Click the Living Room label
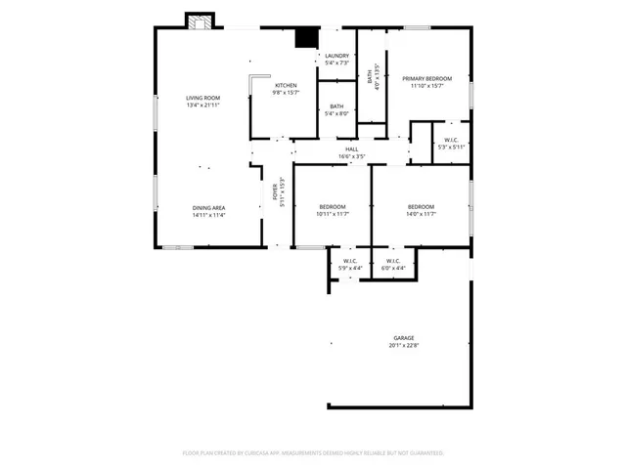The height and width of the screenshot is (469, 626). [203, 98]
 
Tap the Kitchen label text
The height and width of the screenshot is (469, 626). [285, 86]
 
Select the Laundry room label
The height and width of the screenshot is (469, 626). [336, 56]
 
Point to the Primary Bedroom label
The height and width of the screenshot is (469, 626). [426, 78]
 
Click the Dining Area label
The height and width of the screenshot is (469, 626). [209, 207]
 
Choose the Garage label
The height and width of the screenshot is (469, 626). [404, 338]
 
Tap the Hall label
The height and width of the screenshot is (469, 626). [351, 149]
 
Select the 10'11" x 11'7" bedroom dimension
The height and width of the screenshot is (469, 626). [333, 214]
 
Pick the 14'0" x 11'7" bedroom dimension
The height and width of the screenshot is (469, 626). [421, 214]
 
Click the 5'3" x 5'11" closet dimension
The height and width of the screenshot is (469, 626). [451, 148]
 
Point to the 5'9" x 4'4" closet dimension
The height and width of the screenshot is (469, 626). [350, 268]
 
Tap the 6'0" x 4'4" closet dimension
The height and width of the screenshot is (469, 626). [393, 268]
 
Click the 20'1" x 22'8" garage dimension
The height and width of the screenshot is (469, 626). [404, 345]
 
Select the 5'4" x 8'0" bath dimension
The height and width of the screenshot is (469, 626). [336, 113]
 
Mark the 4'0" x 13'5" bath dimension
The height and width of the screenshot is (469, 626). [375, 76]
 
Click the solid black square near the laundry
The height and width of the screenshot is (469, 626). [307, 37]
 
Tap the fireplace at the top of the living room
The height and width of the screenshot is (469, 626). [201, 21]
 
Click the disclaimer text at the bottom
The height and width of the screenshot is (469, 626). [313, 453]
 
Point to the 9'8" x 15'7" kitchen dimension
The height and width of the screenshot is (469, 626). [285, 93]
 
